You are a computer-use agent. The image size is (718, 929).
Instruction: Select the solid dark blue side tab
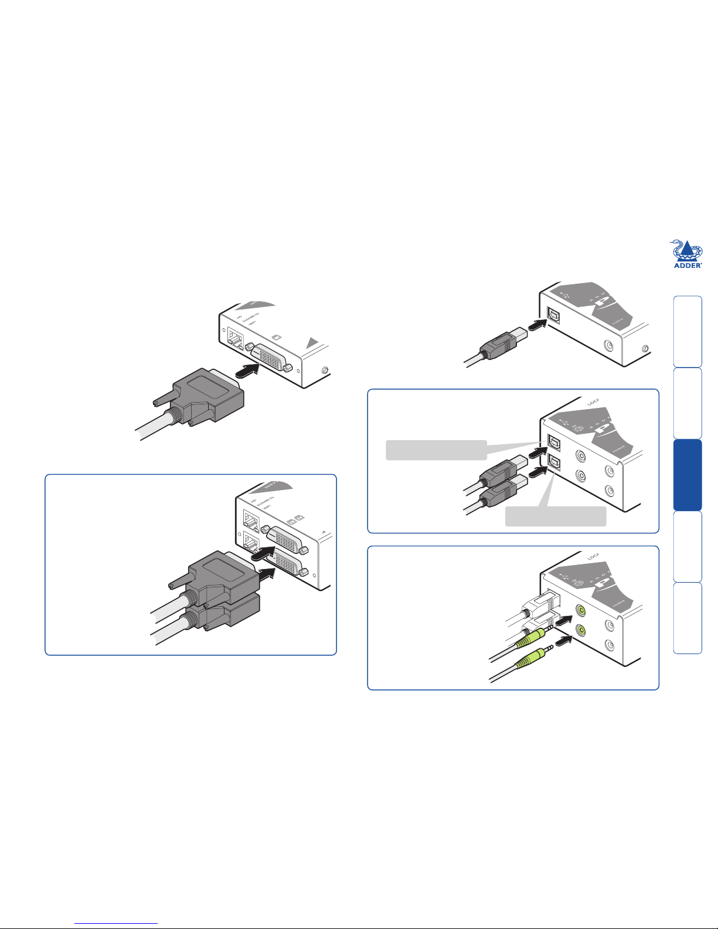[688, 475]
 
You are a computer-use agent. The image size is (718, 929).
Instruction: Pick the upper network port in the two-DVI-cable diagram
[252, 520]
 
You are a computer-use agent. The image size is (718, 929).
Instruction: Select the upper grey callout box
[436, 450]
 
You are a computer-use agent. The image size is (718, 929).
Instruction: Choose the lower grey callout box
[556, 516]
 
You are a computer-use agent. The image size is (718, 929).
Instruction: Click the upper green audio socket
[580, 611]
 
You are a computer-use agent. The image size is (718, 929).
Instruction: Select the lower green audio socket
[580, 631]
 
